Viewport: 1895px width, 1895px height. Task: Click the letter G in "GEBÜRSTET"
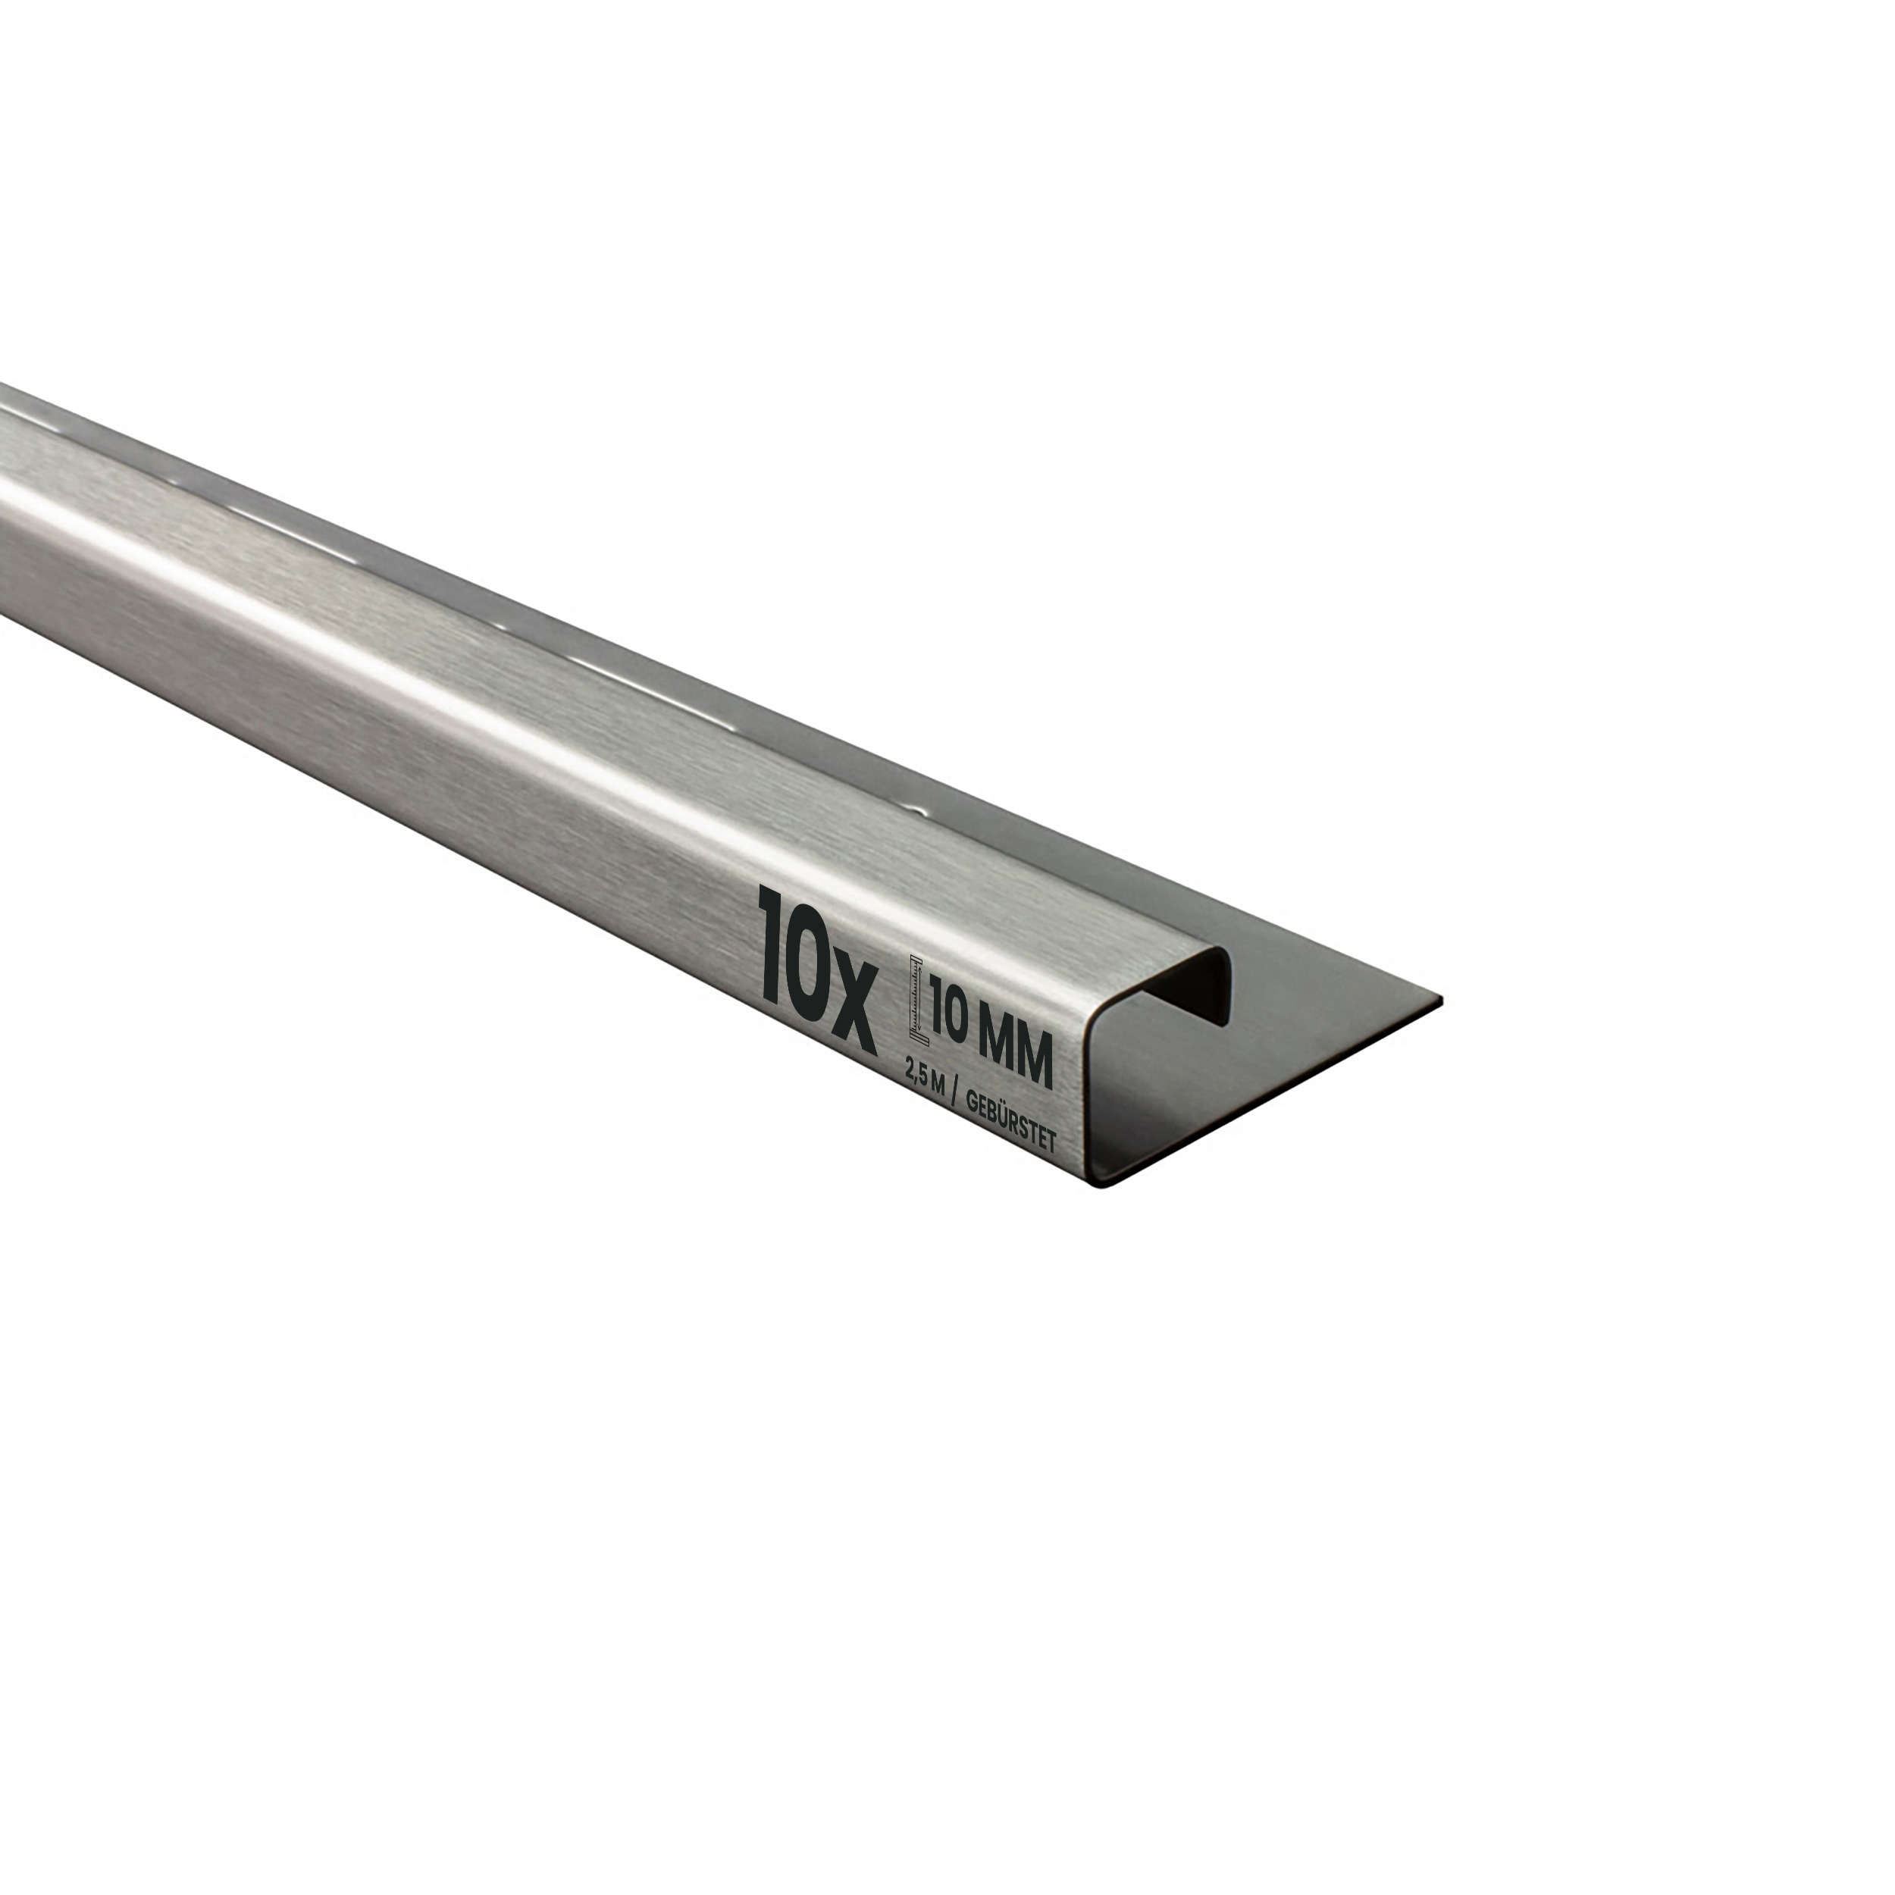point(971,1102)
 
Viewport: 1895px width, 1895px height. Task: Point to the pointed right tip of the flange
point(1438,1000)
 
